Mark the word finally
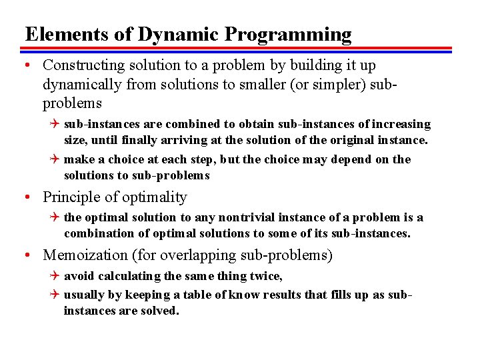pyautogui.click(x=138, y=140)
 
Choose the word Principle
pyautogui.click(x=71, y=197)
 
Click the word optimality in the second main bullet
pyautogui.click(x=155, y=197)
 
